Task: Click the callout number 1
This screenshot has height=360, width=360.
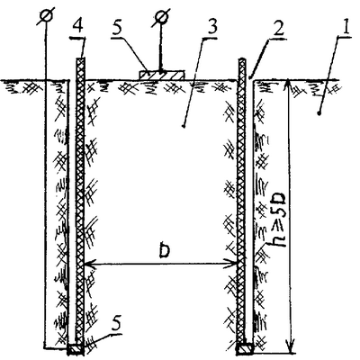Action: point(346,28)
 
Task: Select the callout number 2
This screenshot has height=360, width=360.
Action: point(277,29)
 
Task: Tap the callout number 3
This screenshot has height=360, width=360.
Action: point(211,29)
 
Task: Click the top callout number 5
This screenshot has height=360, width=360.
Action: point(117,29)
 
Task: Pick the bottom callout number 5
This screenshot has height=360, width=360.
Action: point(116,324)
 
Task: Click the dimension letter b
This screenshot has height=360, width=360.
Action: point(164,250)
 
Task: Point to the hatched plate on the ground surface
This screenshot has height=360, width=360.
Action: point(162,76)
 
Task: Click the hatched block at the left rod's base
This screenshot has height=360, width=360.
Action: point(75,349)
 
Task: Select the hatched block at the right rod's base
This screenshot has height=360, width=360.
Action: point(246,349)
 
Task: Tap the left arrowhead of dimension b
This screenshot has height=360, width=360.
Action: point(89,265)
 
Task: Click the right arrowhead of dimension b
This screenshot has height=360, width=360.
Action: point(231,265)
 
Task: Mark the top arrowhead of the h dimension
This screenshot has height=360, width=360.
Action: point(288,84)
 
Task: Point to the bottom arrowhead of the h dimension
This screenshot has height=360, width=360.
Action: point(291,348)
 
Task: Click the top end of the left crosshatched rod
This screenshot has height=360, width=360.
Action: point(80,58)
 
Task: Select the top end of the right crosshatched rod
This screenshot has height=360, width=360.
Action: point(242,60)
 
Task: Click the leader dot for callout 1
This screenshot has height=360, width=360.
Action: point(319,113)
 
